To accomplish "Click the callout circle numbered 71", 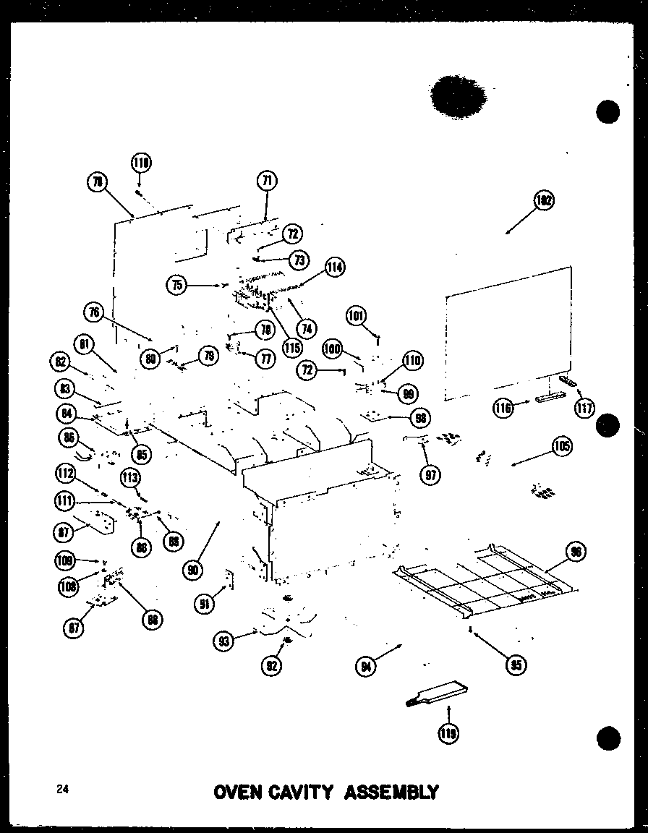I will (267, 181).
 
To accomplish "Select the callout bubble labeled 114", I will (334, 267).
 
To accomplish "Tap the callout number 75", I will (176, 285).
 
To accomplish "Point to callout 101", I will (356, 315).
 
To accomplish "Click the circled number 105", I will (561, 446).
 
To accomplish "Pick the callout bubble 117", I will (584, 409).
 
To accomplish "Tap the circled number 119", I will (448, 735).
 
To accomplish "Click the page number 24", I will (61, 790).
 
